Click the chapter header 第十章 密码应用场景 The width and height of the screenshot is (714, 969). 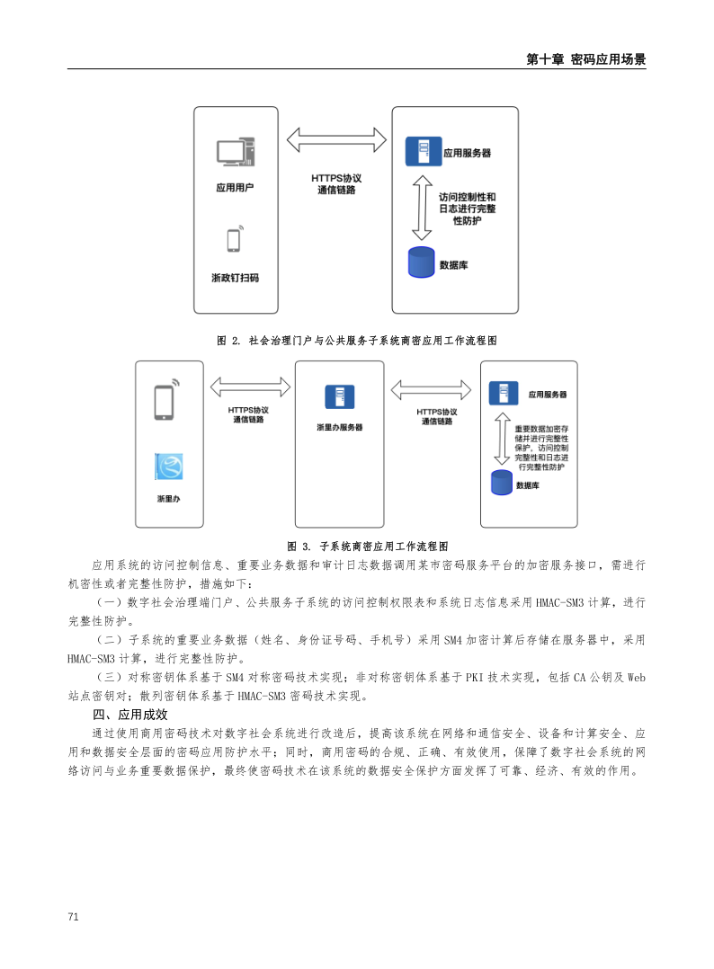pyautogui.click(x=585, y=59)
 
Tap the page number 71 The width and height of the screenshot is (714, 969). pyautogui.click(x=74, y=916)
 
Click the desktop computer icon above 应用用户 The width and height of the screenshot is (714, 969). pyautogui.click(x=236, y=152)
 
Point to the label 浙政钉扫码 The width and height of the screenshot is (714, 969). pyautogui.click(x=235, y=278)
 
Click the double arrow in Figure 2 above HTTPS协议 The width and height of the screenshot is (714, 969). pyautogui.click(x=336, y=140)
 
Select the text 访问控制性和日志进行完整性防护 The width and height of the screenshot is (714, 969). pyautogui.click(x=465, y=208)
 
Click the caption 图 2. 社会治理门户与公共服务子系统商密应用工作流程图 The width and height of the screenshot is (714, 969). pyautogui.click(x=357, y=341)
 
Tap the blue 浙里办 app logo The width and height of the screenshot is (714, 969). pyautogui.click(x=168, y=466)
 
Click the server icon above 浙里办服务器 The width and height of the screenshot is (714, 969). pyautogui.click(x=339, y=396)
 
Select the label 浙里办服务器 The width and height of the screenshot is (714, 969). pyautogui.click(x=339, y=427)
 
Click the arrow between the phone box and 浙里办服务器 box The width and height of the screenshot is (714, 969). pyautogui.click(x=250, y=387)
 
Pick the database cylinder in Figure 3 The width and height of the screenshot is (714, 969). pyautogui.click(x=501, y=482)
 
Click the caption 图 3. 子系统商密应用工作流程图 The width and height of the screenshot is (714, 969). pyautogui.click(x=367, y=546)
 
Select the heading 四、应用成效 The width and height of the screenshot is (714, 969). pyautogui.click(x=130, y=715)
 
